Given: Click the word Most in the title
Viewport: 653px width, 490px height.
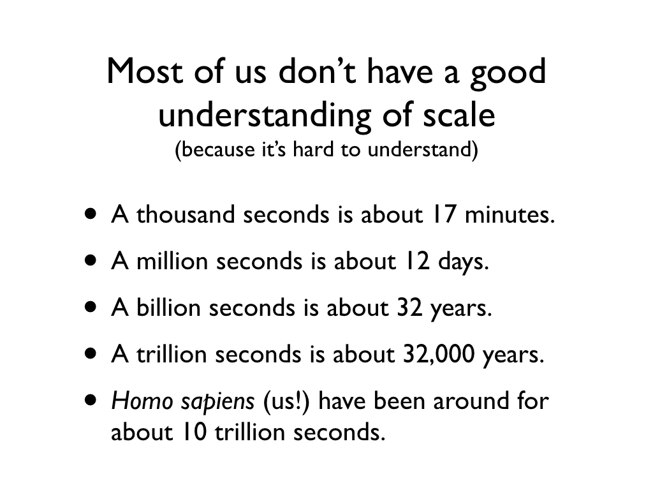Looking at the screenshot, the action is click(x=145, y=71).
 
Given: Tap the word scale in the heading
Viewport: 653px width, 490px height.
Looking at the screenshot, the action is click(x=459, y=115).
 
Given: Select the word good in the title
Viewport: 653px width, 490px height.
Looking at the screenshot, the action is click(x=508, y=74).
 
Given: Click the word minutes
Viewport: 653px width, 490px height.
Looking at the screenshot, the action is click(x=510, y=214).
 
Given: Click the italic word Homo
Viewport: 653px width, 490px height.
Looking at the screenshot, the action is click(x=142, y=401).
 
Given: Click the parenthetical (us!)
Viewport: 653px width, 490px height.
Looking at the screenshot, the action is click(x=286, y=401).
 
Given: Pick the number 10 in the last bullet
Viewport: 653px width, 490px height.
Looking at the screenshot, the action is click(x=194, y=432).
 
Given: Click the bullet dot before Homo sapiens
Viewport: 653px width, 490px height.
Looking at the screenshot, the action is click(x=90, y=401).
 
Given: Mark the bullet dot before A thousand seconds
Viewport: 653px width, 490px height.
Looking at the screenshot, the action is click(x=90, y=214).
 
